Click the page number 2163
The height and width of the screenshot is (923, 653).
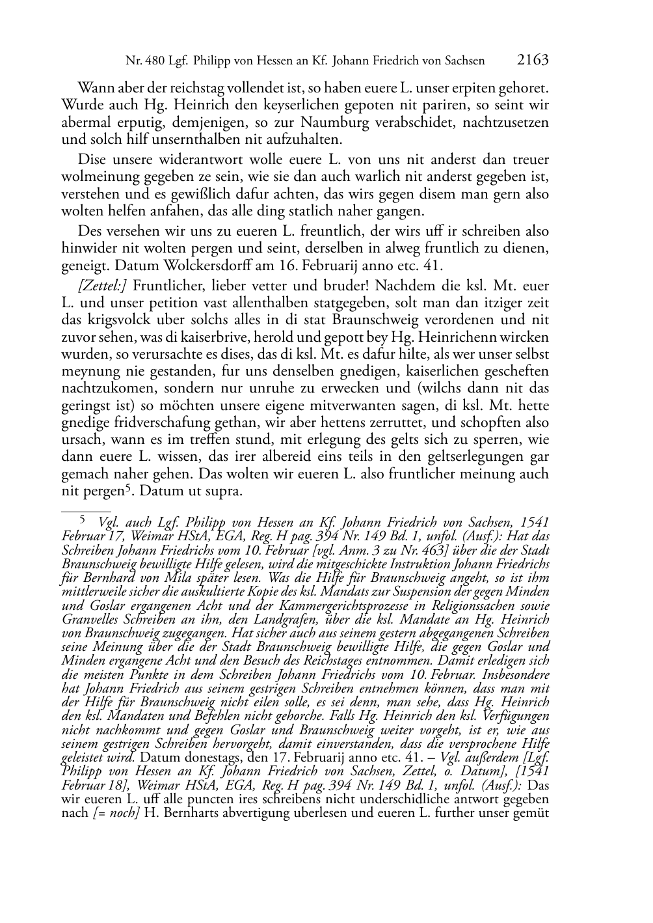click(533, 61)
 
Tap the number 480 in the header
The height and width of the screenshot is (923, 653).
click(156, 61)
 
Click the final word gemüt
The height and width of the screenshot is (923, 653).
click(531, 812)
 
